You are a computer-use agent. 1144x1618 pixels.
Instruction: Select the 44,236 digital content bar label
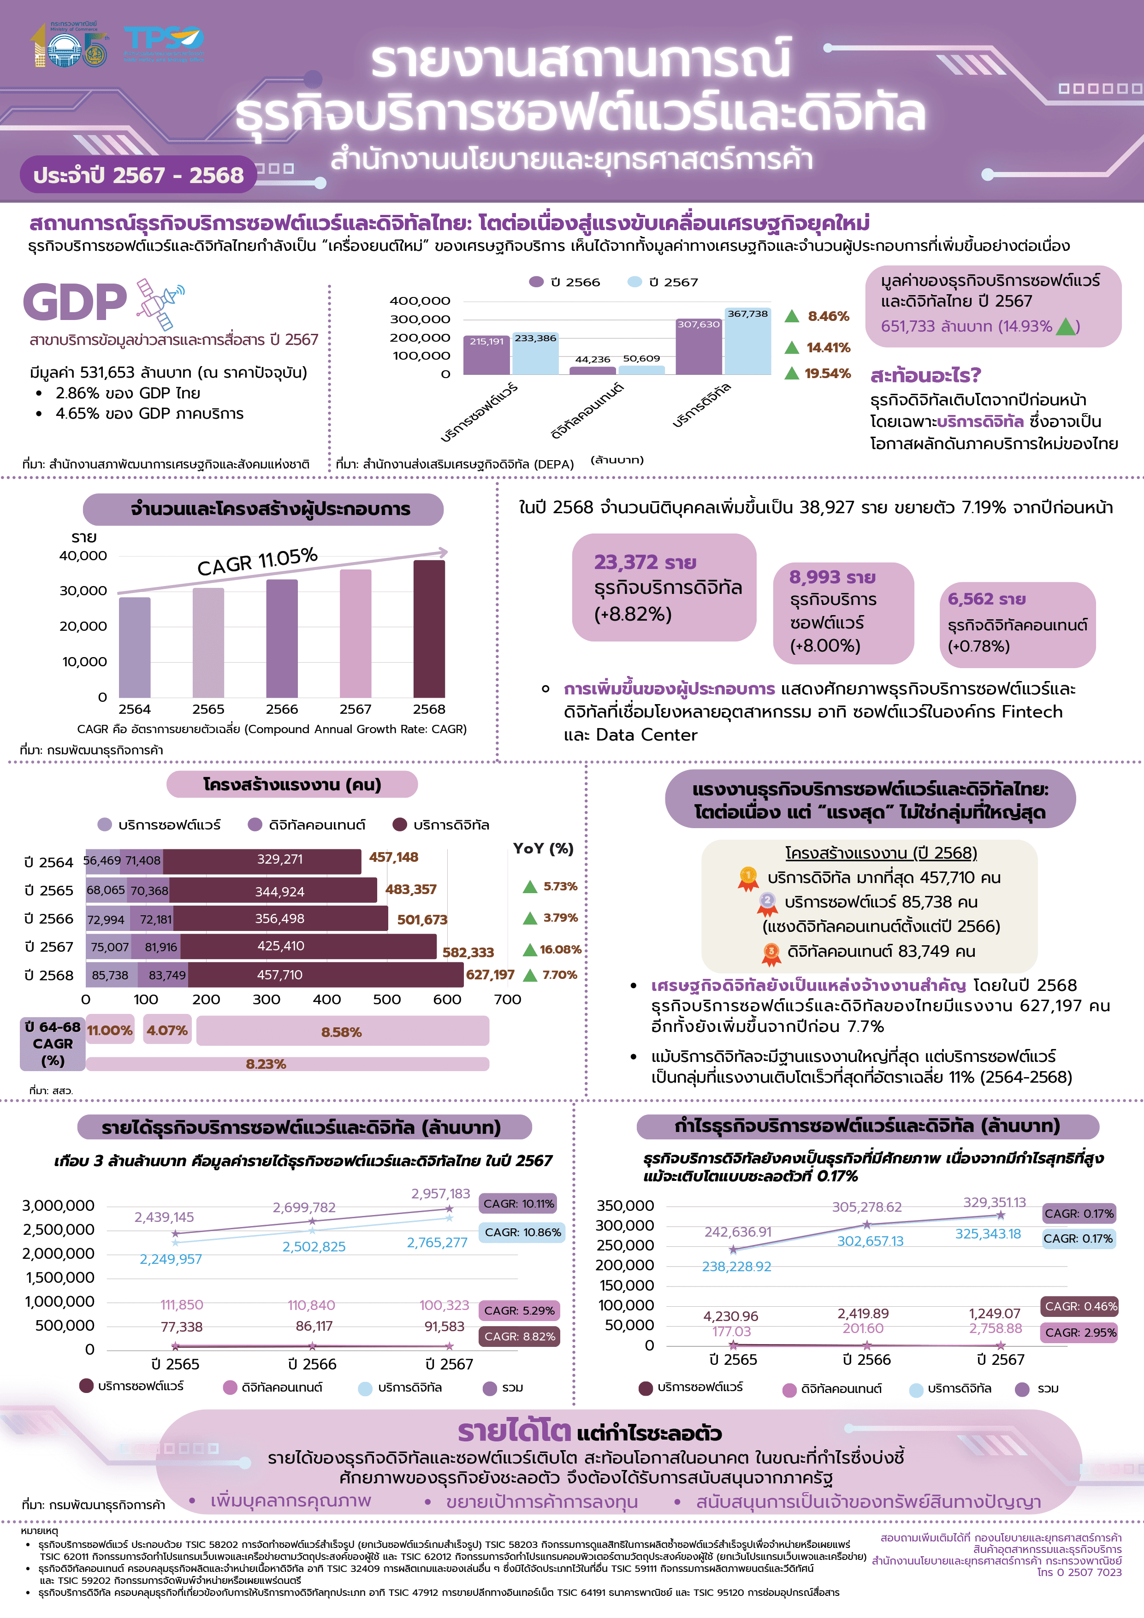coord(592,359)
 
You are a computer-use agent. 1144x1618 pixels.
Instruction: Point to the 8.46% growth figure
coord(828,316)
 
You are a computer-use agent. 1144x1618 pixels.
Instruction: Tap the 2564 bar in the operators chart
coord(135,647)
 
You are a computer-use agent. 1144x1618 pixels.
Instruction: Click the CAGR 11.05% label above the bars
coord(257,562)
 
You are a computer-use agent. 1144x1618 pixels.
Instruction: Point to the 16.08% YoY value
coord(560,949)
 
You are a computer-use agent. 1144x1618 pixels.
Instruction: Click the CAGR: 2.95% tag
coord(1079,1333)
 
